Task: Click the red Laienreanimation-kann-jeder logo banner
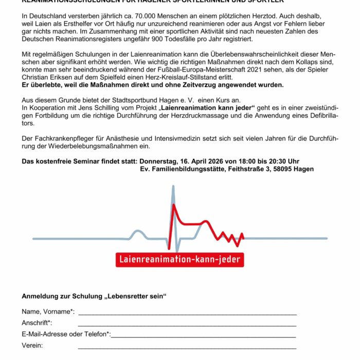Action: (x=179, y=259)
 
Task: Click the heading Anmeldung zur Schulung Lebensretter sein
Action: (x=94, y=297)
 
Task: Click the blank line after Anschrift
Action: (x=187, y=325)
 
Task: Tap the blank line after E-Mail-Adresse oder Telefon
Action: (x=204, y=336)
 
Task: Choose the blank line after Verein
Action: (x=187, y=347)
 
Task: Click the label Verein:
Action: (x=32, y=345)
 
